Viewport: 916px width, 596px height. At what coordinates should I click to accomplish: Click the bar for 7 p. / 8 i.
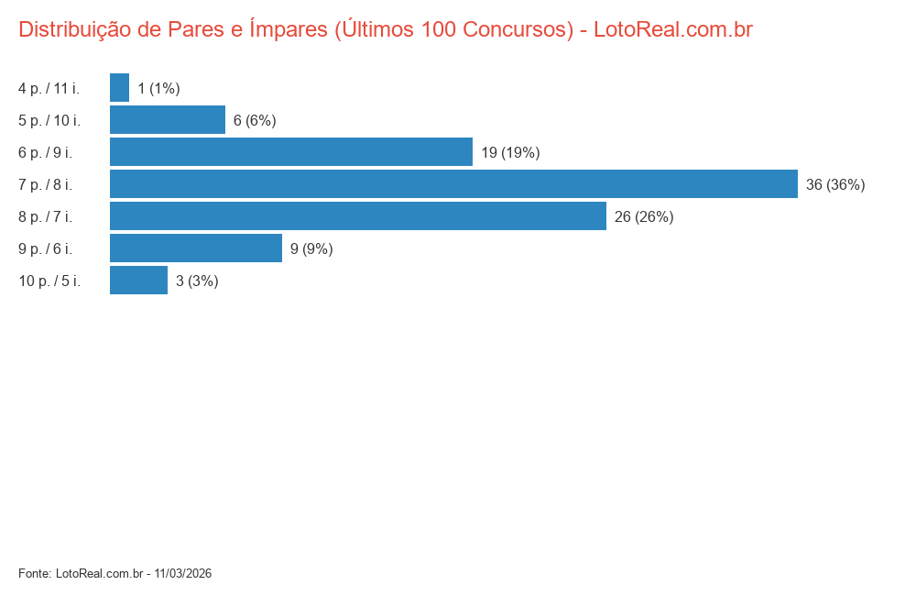453,184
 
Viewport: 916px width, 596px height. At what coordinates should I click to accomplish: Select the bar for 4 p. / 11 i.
119,88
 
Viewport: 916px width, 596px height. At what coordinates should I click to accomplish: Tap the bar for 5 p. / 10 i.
168,120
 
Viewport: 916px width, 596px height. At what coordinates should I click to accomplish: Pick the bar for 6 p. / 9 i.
291,152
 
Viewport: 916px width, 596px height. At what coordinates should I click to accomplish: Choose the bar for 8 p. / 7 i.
358,216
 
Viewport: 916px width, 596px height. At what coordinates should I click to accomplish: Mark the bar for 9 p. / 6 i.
196,248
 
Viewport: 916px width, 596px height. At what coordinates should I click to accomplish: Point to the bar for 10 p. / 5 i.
138,281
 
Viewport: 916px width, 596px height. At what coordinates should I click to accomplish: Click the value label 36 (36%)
835,184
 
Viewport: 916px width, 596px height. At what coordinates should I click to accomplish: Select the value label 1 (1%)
158,88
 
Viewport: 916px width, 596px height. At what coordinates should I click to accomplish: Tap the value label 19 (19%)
510,152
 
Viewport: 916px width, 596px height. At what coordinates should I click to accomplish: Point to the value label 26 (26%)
644,216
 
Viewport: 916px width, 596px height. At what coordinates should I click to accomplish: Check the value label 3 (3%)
197,281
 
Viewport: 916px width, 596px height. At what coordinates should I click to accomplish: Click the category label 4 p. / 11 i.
49,88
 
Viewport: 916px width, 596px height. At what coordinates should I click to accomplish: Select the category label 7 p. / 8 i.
45,184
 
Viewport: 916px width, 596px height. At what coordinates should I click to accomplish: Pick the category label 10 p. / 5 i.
49,281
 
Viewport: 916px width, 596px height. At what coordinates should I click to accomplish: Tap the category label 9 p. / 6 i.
45,248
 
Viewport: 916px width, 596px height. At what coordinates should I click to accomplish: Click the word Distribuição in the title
75,29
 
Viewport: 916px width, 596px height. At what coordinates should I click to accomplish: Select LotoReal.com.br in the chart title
673,29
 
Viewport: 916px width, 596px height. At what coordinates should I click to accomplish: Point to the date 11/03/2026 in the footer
183,573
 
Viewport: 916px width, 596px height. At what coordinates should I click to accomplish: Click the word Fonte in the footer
34,573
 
